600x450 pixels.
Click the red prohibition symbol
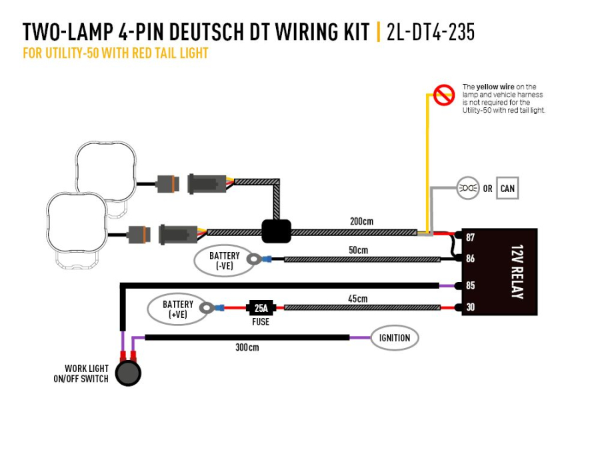click(x=443, y=96)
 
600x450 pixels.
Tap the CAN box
click(x=507, y=189)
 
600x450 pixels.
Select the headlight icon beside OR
click(x=469, y=189)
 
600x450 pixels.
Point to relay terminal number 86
click(x=471, y=259)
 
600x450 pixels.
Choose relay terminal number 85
click(x=471, y=286)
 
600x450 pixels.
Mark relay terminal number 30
click(x=471, y=307)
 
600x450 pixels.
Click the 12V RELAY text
click(x=517, y=271)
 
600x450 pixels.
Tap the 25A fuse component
click(x=261, y=308)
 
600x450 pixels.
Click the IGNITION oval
click(x=395, y=338)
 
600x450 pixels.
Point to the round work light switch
click(x=128, y=373)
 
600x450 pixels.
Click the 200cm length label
click(x=361, y=221)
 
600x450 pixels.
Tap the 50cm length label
click(x=358, y=250)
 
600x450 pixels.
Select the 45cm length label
click(x=358, y=299)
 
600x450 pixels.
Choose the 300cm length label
click(x=247, y=347)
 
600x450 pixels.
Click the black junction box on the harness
click(x=276, y=231)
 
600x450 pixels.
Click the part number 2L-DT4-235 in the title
click(x=431, y=31)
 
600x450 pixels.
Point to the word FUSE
click(x=261, y=322)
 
